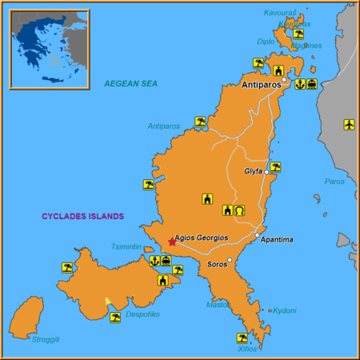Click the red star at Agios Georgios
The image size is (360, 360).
pos(171,241)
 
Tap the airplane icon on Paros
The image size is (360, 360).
pos(349,124)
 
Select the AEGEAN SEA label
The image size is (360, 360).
pos(132,83)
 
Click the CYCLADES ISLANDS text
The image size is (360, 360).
pos(83,216)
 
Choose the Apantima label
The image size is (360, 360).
pos(278,240)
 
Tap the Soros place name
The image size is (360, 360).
pos(217,264)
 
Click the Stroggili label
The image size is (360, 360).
pos(46,339)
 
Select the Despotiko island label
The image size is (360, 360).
pos(143,314)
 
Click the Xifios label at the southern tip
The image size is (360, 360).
pos(248,349)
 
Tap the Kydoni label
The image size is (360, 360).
pos(286,310)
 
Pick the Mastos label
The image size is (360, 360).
pos(218,304)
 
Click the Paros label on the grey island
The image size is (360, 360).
pos(334,182)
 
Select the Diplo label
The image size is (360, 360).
pos(266,42)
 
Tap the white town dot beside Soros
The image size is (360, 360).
pos(230,260)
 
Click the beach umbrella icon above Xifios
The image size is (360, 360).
pos(242,338)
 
